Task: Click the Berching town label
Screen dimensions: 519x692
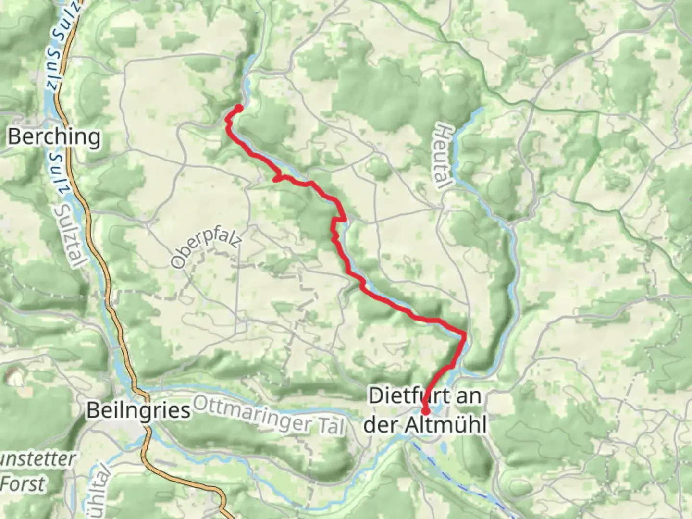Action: pos(54,137)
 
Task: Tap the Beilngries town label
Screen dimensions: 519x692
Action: pos(138,411)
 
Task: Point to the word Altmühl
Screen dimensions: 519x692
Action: pos(446,425)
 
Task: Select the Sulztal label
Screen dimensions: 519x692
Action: pos(71,235)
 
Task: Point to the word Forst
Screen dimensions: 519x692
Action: pos(23,483)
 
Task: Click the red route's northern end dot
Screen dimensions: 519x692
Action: pos(238,108)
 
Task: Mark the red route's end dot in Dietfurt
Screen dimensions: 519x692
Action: pos(425,411)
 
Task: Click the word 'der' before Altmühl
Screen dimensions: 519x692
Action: pos(381,425)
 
